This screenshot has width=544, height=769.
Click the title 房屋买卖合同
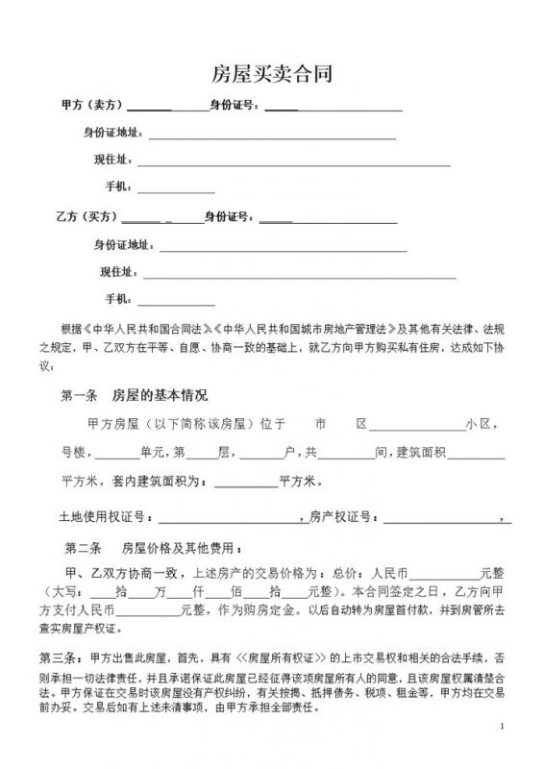(271, 74)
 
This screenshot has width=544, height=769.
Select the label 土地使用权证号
(99, 517)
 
